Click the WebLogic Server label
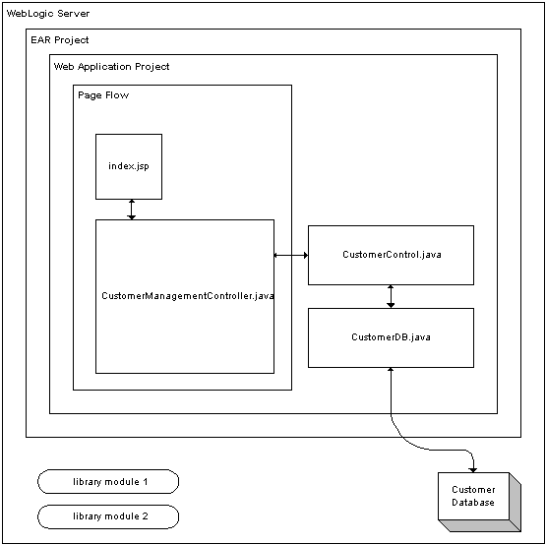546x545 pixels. (x=48, y=14)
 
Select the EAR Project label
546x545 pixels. (x=60, y=40)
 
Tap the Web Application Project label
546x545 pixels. (x=111, y=67)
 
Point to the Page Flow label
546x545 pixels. (x=103, y=95)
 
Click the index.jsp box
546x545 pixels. (x=129, y=166)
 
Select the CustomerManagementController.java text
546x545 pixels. (x=188, y=296)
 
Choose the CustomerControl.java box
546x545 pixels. (x=391, y=255)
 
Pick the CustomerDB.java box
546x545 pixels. (x=391, y=337)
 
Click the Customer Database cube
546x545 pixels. (x=479, y=502)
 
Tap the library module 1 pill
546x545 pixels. (x=108, y=481)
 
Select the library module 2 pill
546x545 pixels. (x=108, y=516)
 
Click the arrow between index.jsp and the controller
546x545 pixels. (x=131, y=210)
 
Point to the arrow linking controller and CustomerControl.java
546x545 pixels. (x=291, y=255)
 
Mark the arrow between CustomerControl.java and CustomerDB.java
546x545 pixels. (x=391, y=296)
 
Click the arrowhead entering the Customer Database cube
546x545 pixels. (x=472, y=470)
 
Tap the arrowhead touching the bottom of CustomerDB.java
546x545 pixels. (x=391, y=370)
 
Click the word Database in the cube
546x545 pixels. (x=473, y=503)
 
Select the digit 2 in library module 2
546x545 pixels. (x=145, y=515)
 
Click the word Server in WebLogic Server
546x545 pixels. (x=73, y=14)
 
